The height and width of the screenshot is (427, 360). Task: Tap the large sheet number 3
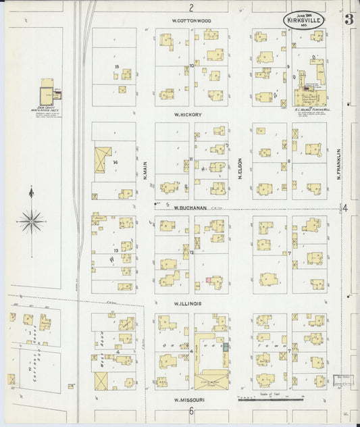[x=348, y=19]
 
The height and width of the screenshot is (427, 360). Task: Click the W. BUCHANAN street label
[x=190, y=208]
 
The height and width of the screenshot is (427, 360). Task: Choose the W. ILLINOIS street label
[x=187, y=303]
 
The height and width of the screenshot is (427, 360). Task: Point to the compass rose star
[x=31, y=220]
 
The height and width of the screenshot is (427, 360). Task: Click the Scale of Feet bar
[x=270, y=400]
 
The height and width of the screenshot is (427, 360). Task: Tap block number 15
[x=117, y=66]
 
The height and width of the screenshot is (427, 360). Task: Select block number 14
[x=115, y=162]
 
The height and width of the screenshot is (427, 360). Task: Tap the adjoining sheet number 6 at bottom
[x=191, y=410]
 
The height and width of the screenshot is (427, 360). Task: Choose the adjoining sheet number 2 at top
[x=191, y=8]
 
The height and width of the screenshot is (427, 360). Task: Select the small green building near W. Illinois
[x=226, y=346]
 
